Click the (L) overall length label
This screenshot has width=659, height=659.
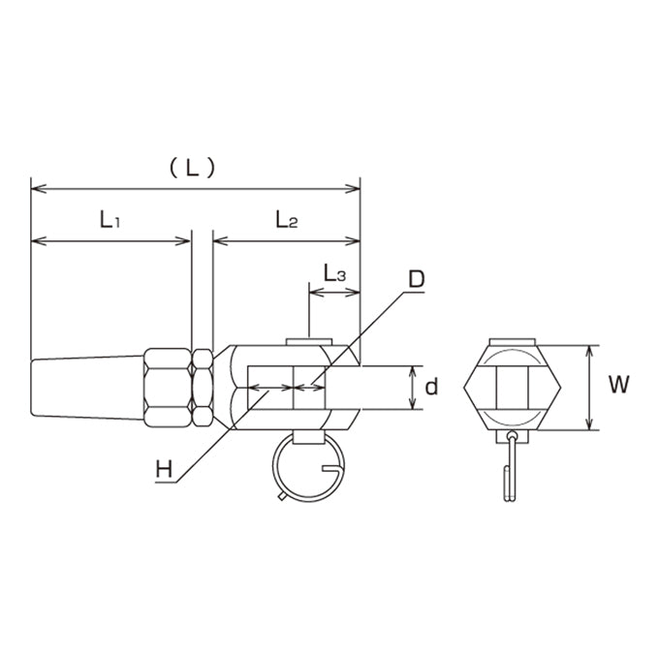coord(192,169)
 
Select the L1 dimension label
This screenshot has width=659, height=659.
coord(110,219)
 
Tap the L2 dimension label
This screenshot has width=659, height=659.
coord(286,219)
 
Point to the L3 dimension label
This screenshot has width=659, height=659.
coord(334,273)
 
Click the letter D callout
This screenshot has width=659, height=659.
coord(417,279)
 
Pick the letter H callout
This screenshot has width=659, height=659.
coord(164,469)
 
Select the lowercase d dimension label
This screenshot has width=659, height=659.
coord(431,387)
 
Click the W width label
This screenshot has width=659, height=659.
coord(618,384)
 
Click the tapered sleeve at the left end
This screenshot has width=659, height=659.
coord(87,387)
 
